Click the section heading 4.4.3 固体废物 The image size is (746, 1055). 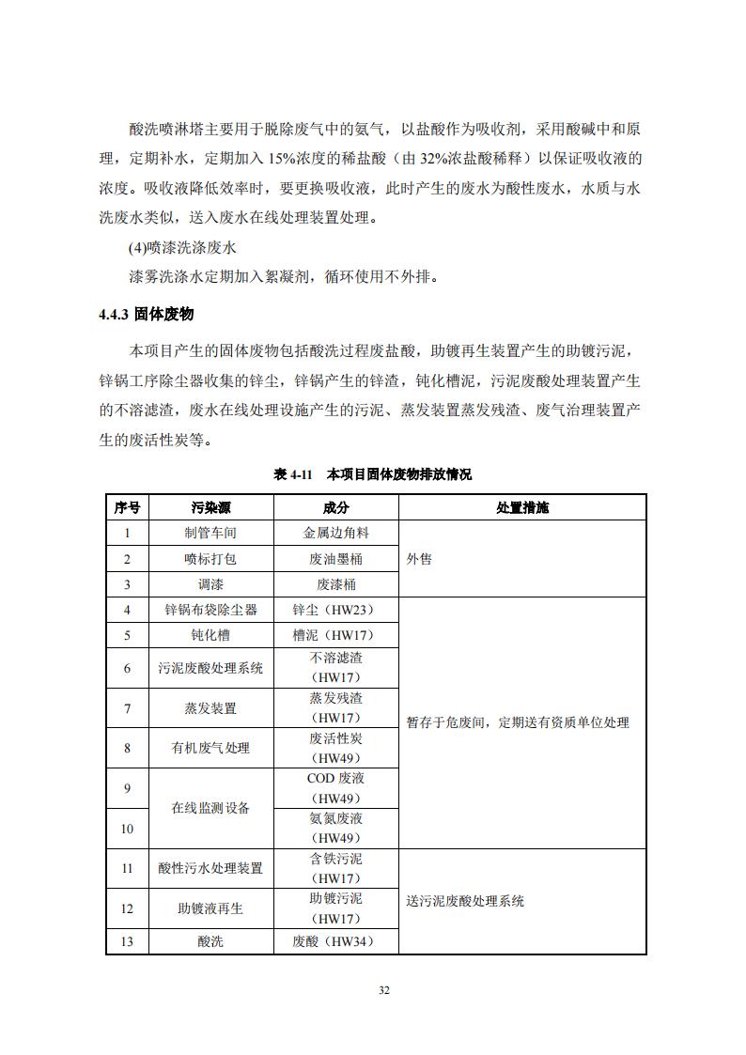pos(146,315)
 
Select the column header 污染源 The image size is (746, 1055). pos(210,507)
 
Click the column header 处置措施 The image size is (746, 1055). pos(522,507)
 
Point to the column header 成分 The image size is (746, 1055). pos(335,507)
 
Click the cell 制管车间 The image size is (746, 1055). pos(210,533)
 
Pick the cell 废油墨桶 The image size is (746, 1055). pos(335,559)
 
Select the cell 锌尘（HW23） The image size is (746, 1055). pos(335,610)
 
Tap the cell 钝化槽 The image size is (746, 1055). pos(210,635)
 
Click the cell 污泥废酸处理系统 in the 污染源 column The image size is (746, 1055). pos(210,669)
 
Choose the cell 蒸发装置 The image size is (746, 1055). pos(210,708)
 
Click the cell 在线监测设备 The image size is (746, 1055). pos(210,808)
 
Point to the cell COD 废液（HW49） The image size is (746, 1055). pos(335,788)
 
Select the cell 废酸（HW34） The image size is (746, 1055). pos(335,941)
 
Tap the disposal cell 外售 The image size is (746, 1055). pos(420,559)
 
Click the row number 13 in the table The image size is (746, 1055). pos(127,941)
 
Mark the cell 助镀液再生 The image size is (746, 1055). pos(210,908)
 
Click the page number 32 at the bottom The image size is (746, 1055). pos(384,990)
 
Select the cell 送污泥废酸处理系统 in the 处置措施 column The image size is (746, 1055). pos(465,901)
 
